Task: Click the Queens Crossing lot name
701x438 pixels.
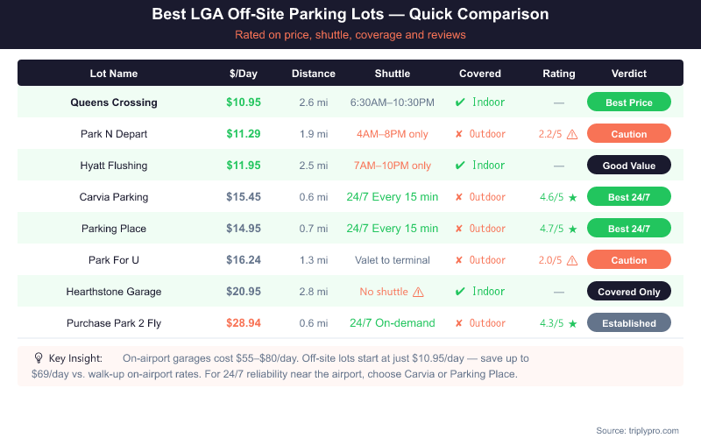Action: click(x=114, y=102)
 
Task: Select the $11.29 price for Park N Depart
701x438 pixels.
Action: click(x=244, y=134)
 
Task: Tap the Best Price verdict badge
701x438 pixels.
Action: click(x=628, y=102)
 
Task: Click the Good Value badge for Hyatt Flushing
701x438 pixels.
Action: click(x=628, y=166)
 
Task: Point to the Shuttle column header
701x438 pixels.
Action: click(x=392, y=74)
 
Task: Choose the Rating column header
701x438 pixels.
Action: click(x=558, y=74)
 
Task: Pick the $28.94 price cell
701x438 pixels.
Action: click(x=244, y=323)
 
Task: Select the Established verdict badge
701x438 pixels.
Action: click(x=628, y=323)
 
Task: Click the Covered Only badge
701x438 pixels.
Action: click(x=628, y=292)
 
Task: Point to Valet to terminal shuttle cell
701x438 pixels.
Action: click(x=392, y=260)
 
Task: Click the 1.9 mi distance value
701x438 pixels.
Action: click(x=313, y=134)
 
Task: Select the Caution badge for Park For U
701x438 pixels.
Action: click(x=628, y=260)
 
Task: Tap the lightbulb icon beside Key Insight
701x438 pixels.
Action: click(x=39, y=357)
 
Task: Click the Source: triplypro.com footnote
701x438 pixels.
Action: click(x=637, y=430)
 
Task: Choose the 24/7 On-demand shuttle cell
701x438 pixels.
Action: click(x=392, y=323)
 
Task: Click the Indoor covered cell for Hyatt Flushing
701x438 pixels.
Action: click(x=479, y=166)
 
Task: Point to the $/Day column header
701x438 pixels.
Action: click(x=244, y=74)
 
